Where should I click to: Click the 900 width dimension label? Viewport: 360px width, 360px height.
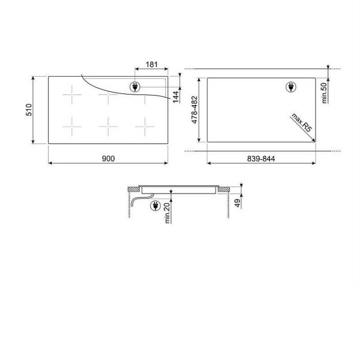point(108,158)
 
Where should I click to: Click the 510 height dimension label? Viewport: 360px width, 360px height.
point(29,110)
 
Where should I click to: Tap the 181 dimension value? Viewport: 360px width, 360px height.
point(152,64)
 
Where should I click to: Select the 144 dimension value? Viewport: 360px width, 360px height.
point(175,97)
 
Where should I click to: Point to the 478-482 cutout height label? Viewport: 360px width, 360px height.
point(194,110)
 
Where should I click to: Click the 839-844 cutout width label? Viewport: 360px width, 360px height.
point(261,159)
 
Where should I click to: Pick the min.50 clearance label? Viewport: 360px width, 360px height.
point(324,93)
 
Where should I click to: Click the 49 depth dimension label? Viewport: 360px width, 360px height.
point(238,203)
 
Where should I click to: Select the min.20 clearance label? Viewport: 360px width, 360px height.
point(167,213)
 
